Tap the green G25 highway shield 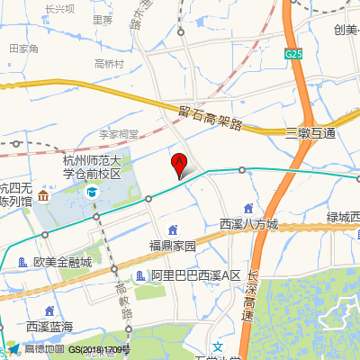tap(293, 54)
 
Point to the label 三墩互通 tap(310, 133)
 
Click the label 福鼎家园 tap(172, 245)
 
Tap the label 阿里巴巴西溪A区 tap(194, 274)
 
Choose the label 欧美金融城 tap(62, 263)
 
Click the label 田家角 tap(24, 49)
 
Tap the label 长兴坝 tap(59, 9)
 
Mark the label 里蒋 tap(103, 18)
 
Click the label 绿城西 tap(343, 217)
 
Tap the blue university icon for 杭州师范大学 tap(92, 192)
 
